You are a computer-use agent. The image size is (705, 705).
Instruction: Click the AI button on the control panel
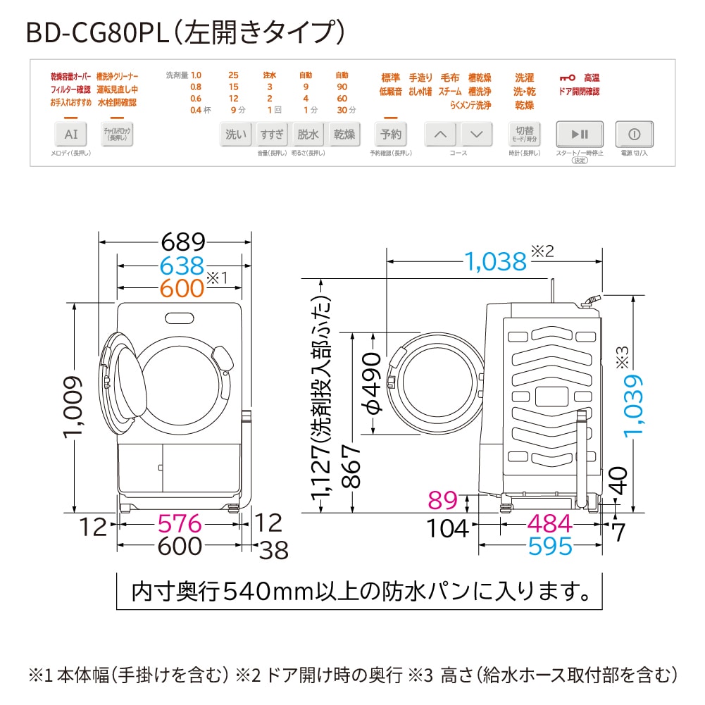tap(71, 134)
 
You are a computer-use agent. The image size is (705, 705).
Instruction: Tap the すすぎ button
tap(271, 134)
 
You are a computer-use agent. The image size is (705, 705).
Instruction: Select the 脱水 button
tap(308, 134)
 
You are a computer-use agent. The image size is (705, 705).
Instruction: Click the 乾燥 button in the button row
tap(344, 134)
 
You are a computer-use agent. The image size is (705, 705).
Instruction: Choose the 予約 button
tap(391, 134)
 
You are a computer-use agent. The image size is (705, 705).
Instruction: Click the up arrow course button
tap(441, 134)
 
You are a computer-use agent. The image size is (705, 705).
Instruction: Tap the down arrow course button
tap(476, 134)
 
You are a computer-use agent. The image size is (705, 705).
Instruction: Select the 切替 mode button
tap(523, 134)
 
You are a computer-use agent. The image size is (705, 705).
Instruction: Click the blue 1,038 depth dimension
tap(495, 261)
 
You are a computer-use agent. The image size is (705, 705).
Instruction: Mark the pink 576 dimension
tap(179, 524)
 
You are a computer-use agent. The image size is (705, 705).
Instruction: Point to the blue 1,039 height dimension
tap(633, 405)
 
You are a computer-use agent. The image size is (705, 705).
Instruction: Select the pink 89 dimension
tap(444, 501)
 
